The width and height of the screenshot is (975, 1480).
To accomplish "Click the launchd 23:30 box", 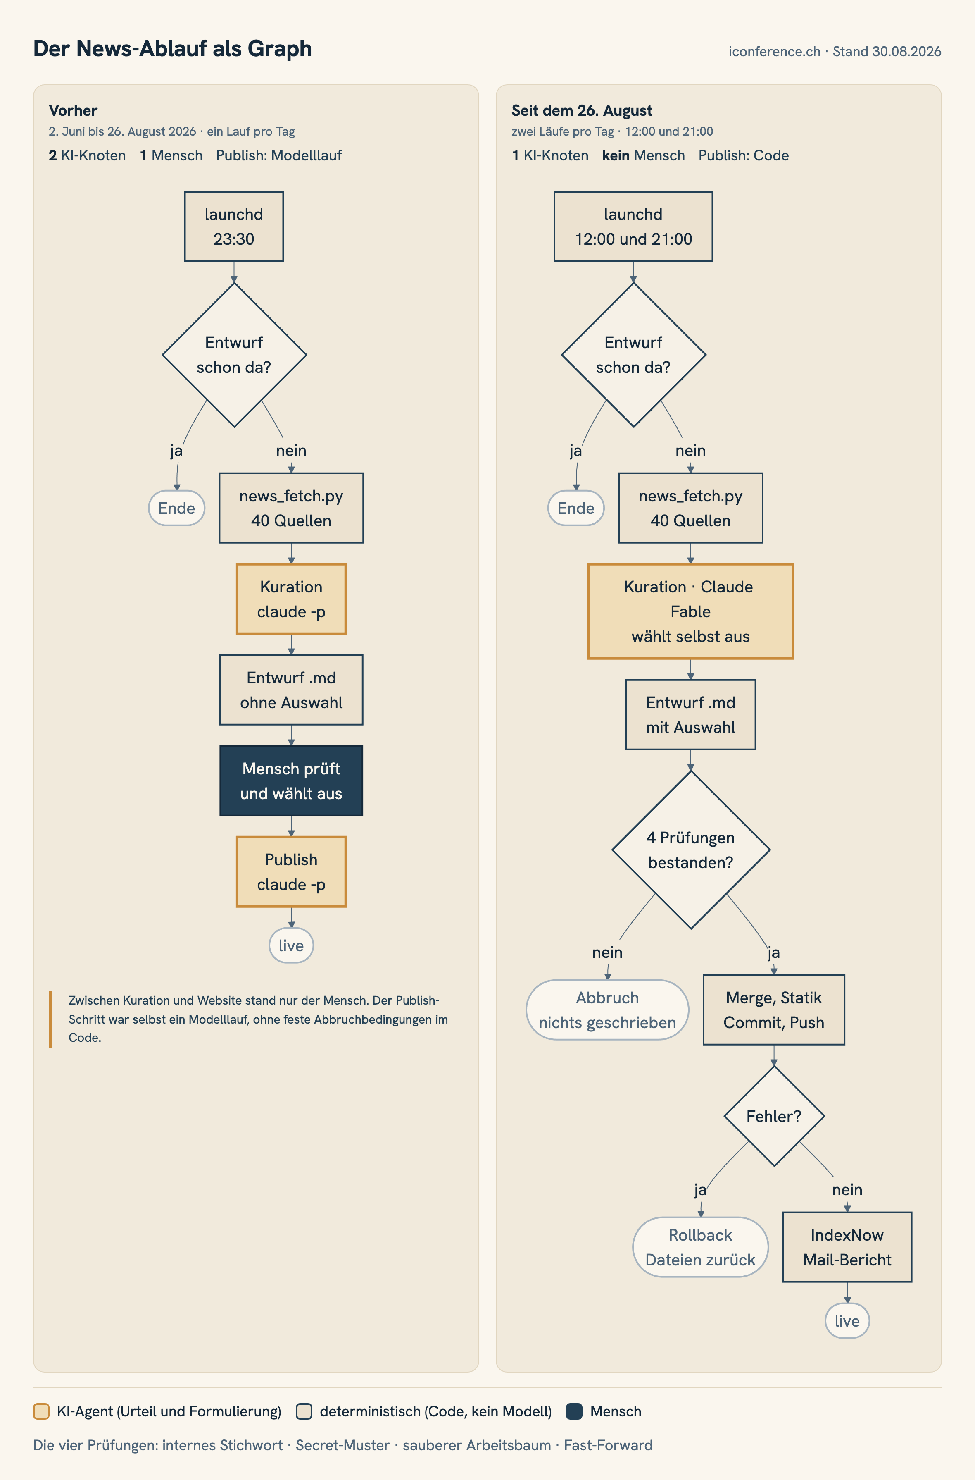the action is tap(234, 227).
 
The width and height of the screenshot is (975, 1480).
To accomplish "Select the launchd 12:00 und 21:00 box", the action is tap(633, 227).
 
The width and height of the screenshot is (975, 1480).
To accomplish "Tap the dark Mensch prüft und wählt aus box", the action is tap(291, 781).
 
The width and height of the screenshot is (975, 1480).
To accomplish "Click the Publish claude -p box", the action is tap(291, 871).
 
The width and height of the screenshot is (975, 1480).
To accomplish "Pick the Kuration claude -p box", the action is tap(291, 599).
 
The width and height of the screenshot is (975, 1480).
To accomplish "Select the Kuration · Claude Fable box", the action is tap(690, 611).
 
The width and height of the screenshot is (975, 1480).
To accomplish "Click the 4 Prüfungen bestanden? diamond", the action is tap(691, 850).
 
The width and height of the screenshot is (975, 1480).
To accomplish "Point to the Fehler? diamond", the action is tap(774, 1116).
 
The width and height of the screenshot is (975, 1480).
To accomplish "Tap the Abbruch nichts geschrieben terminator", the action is tap(607, 1010).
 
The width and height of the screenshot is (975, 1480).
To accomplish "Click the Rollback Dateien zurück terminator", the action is tap(701, 1247).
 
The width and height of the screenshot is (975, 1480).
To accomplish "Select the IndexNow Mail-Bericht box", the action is tap(847, 1247).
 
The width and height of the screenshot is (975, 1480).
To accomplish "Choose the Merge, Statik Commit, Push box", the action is tap(773, 1010).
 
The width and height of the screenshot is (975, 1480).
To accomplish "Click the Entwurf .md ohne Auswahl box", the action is tap(291, 690).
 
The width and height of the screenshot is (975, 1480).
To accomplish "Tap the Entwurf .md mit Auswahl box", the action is tap(690, 715).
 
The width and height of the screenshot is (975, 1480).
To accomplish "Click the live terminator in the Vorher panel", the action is tap(291, 945).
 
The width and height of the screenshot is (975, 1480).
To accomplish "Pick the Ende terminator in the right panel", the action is tap(576, 508).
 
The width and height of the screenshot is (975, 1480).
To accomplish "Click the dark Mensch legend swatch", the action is tap(574, 1411).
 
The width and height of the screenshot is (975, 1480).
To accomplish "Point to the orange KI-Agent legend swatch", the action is tap(41, 1411).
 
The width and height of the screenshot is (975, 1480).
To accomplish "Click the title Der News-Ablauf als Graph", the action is tap(172, 48).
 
